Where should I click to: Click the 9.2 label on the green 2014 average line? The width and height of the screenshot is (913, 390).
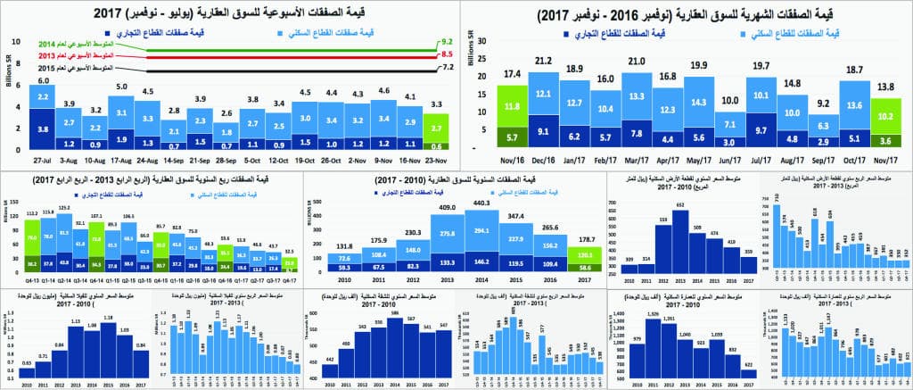(x=448, y=42)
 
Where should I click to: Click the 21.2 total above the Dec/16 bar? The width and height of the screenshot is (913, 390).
(x=542, y=62)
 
